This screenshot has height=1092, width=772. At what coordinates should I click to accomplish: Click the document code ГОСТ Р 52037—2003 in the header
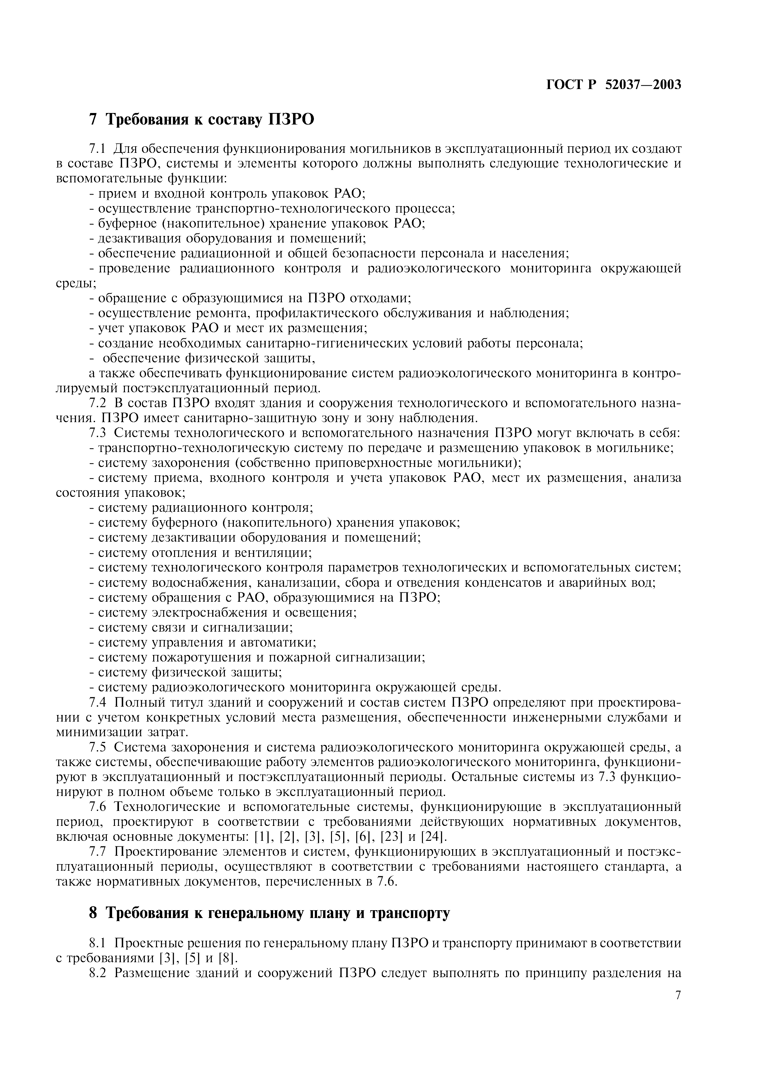(613, 85)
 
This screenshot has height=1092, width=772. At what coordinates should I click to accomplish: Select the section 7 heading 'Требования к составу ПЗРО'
(202, 119)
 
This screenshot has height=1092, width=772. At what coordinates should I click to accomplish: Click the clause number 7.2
(97, 403)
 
